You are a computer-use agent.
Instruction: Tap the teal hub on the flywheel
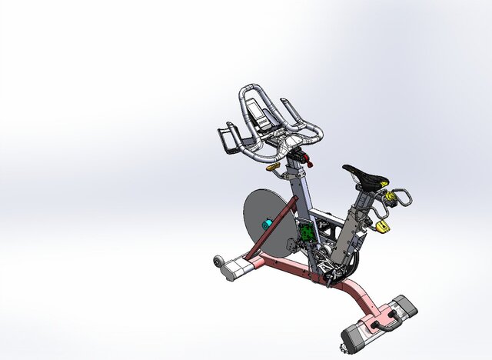coord(268,225)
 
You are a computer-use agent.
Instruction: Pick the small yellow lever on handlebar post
coord(273,165)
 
